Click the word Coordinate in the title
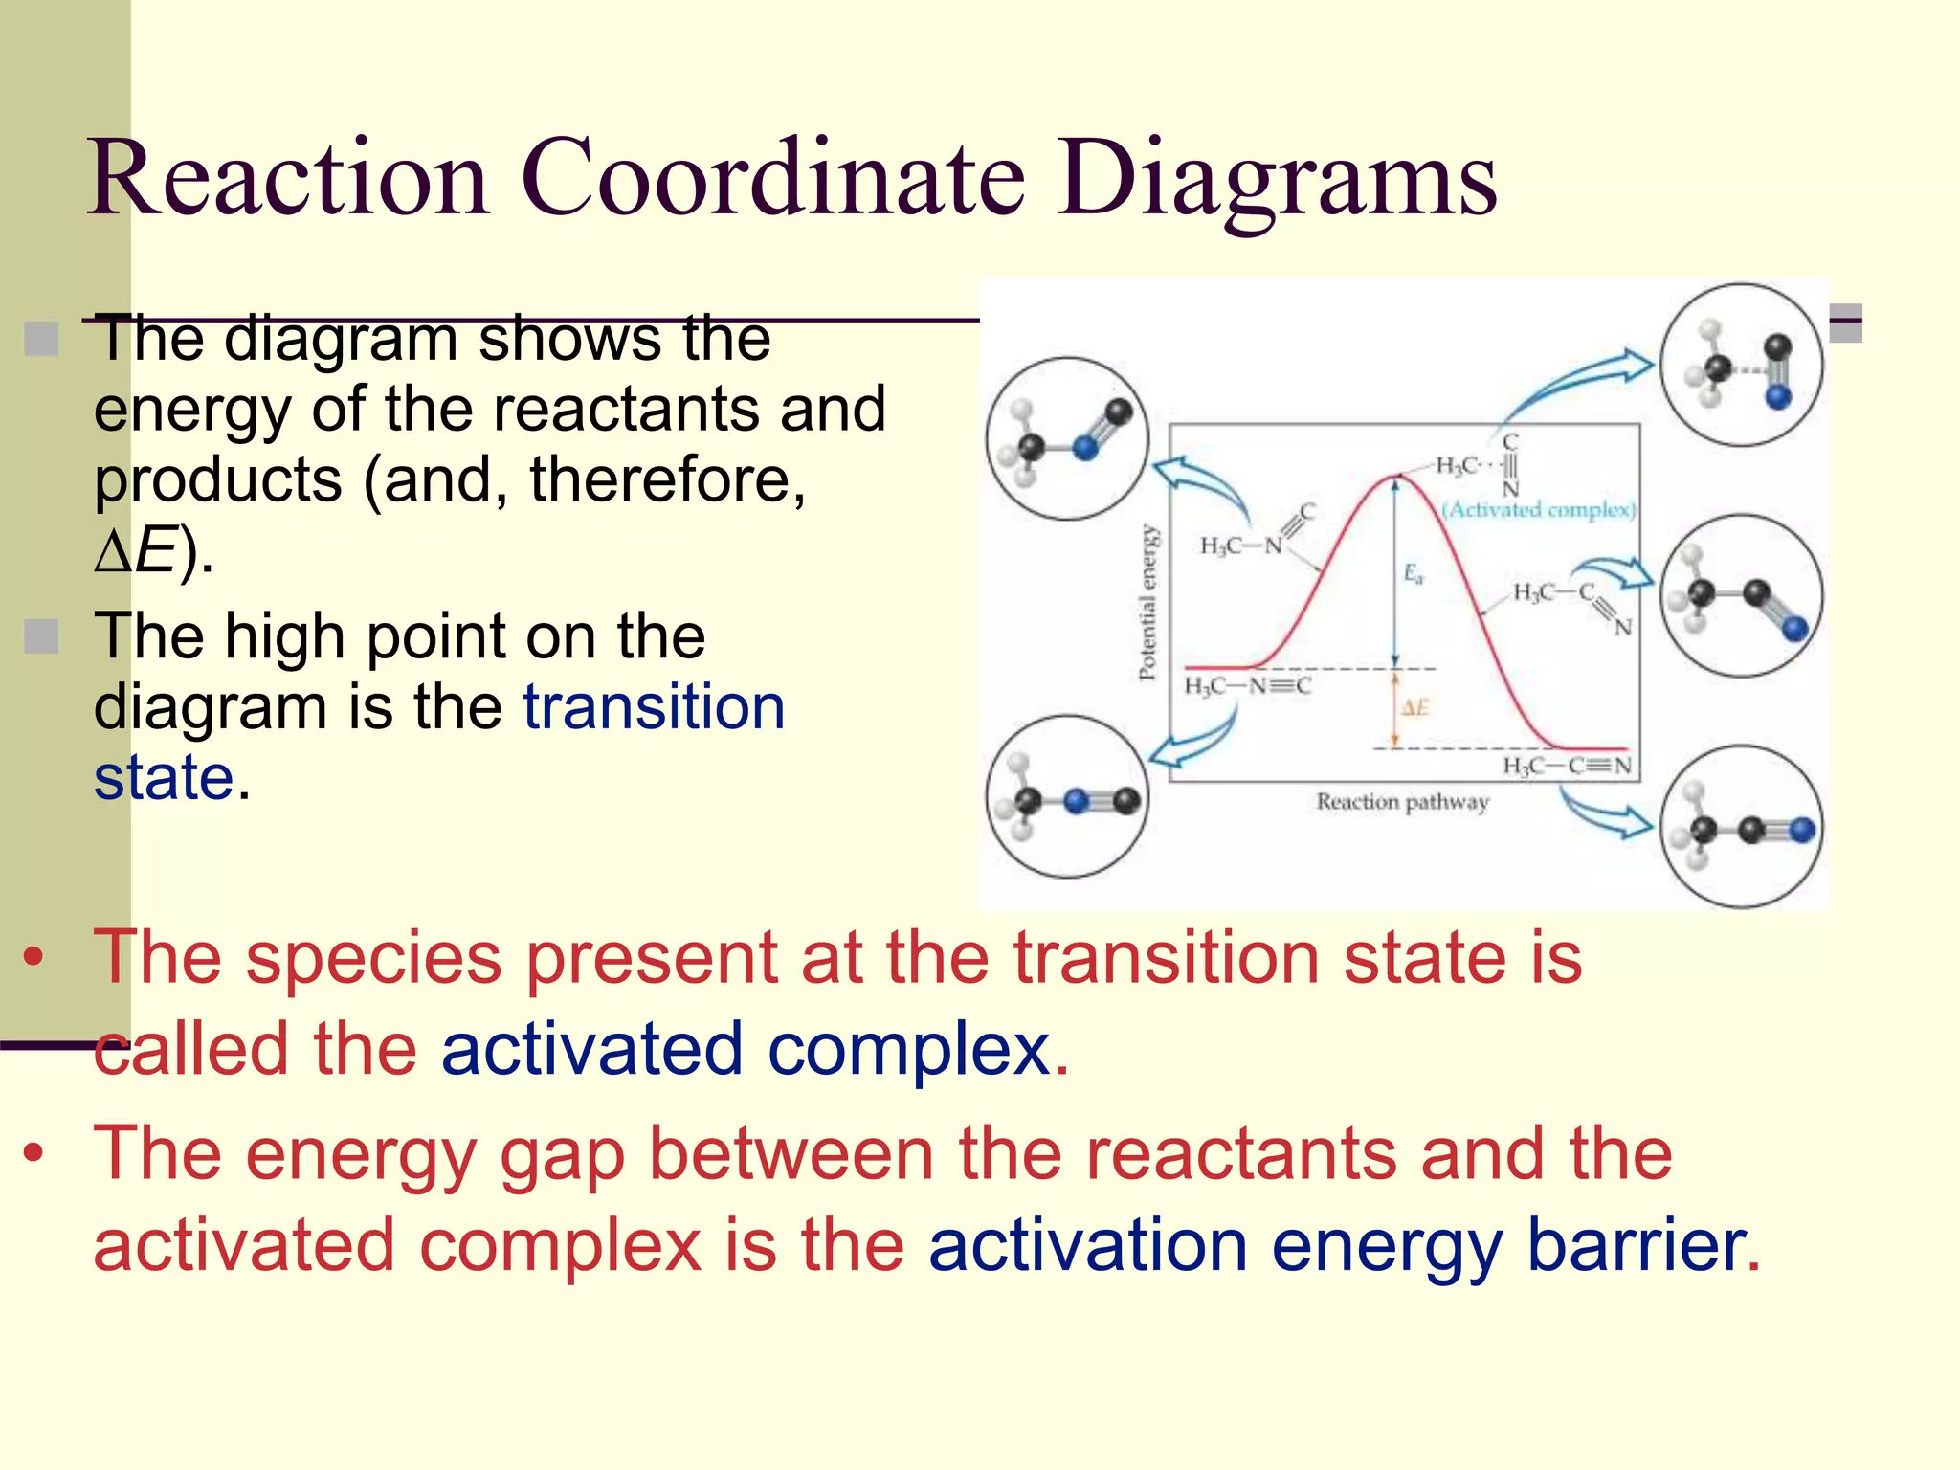tap(773, 178)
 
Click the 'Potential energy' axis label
tap(1147, 602)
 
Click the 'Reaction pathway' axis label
tap(1401, 802)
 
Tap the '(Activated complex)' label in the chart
tap(1538, 509)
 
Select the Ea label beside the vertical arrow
tap(1413, 573)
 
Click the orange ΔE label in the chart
tap(1414, 708)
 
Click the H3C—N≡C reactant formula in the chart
tap(1247, 686)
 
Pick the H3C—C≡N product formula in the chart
tap(1566, 766)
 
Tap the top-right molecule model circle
tap(1741, 366)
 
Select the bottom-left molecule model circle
tap(1067, 797)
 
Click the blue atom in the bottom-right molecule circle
tap(1801, 830)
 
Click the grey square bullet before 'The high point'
tap(41, 635)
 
